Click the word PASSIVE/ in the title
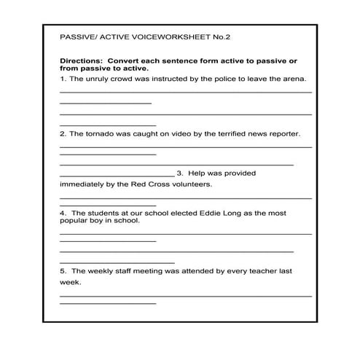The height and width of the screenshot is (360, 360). click(x=78, y=36)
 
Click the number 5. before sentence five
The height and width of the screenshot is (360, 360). click(x=63, y=270)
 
